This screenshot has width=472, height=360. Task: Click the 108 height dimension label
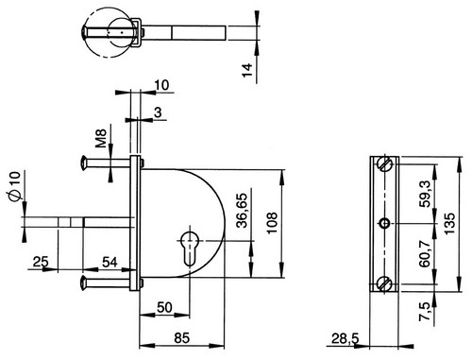click(273, 223)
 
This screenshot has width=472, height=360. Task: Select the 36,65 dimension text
click(243, 211)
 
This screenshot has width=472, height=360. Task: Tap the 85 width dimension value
click(182, 338)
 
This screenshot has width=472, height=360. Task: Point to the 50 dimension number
click(164, 307)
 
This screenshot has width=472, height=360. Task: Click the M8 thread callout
click(101, 138)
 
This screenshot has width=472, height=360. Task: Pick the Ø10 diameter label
click(14, 186)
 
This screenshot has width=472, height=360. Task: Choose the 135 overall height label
click(450, 223)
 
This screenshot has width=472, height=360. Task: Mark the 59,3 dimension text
click(426, 194)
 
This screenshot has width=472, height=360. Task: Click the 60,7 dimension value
click(426, 253)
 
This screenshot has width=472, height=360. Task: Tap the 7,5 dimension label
click(425, 311)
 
